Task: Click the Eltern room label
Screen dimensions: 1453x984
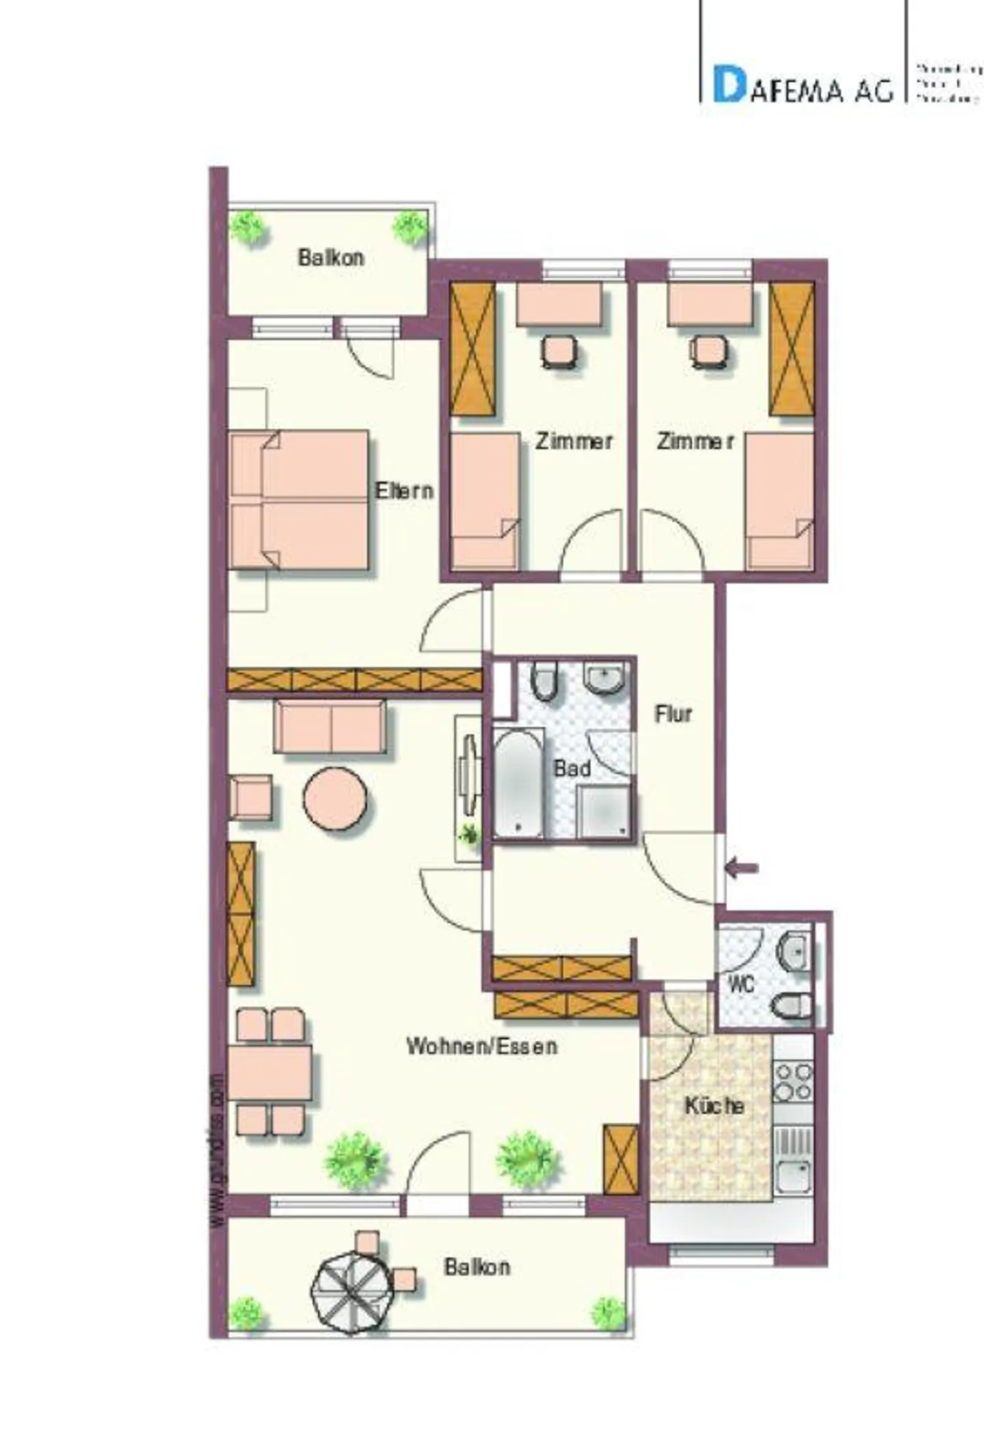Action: [404, 490]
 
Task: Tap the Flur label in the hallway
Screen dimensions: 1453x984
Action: [673, 714]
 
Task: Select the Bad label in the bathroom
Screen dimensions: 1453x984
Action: [572, 769]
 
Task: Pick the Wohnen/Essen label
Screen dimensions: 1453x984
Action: [482, 1046]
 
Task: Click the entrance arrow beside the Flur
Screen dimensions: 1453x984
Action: [742, 869]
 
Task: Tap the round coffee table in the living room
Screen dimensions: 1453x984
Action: [335, 799]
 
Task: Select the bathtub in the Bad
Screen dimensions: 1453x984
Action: [519, 783]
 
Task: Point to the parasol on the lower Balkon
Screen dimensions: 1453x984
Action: [351, 1292]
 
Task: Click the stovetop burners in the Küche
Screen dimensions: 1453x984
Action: [793, 1081]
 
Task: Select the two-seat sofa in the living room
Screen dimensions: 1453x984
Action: [330, 727]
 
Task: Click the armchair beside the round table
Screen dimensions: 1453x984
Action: [251, 797]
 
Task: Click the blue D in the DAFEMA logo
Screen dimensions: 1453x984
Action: [728, 84]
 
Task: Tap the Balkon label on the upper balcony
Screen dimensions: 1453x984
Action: [331, 258]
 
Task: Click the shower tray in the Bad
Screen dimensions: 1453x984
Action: [603, 812]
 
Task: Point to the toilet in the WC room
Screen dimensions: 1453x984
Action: [791, 1006]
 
